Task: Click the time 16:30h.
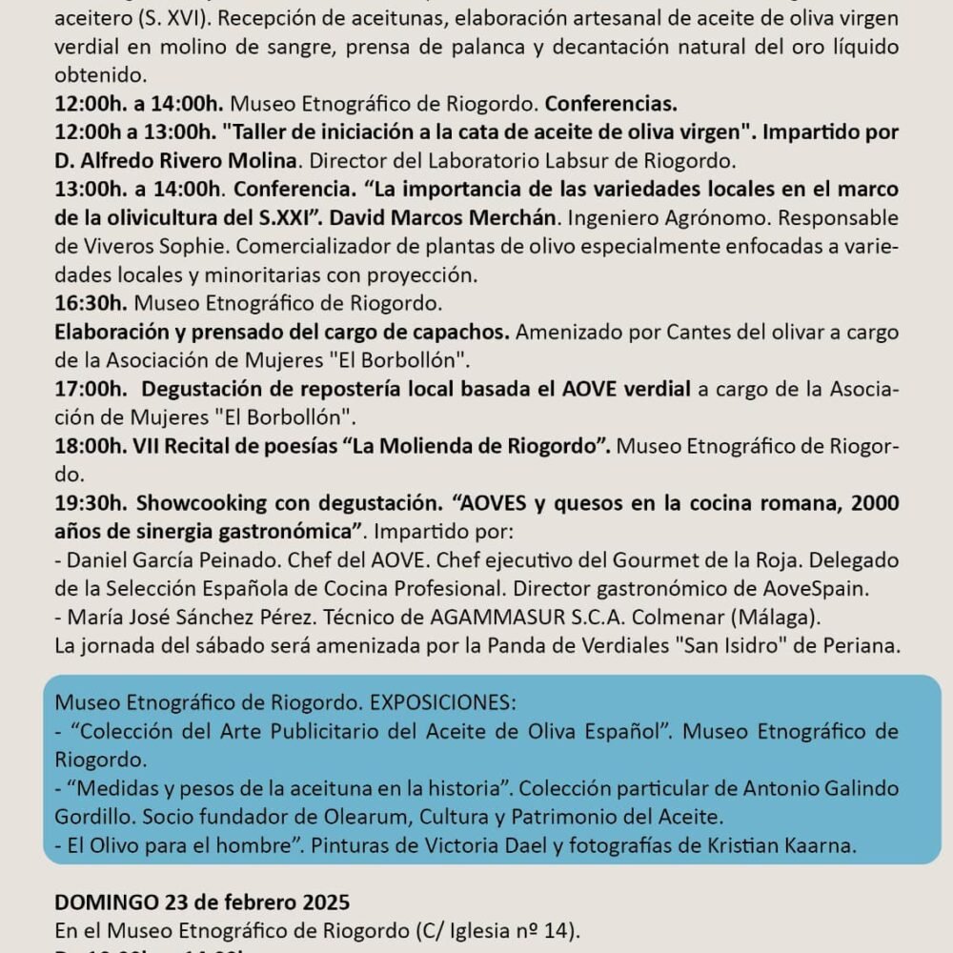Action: coord(91,305)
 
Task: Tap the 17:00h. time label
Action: coord(91,390)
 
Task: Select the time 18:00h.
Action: coord(91,446)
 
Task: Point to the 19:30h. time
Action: coord(91,502)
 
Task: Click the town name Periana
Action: coord(862,645)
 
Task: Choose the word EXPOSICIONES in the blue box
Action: coord(442,702)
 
